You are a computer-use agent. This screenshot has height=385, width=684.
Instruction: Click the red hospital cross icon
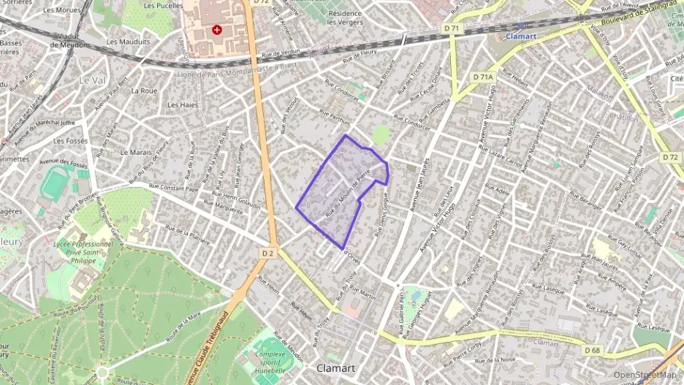click(216, 30)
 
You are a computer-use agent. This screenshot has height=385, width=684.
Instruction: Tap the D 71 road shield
click(452, 28)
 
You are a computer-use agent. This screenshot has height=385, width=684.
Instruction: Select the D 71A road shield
click(483, 76)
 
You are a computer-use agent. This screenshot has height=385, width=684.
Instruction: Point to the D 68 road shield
click(593, 350)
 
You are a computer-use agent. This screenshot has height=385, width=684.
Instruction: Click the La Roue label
click(144, 91)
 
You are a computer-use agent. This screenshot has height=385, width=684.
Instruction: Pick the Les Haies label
click(183, 104)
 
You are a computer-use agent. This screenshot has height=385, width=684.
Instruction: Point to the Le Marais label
click(135, 153)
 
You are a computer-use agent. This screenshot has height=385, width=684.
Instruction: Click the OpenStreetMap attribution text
click(645, 375)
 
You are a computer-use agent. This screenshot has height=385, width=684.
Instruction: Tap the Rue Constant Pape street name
click(173, 188)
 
